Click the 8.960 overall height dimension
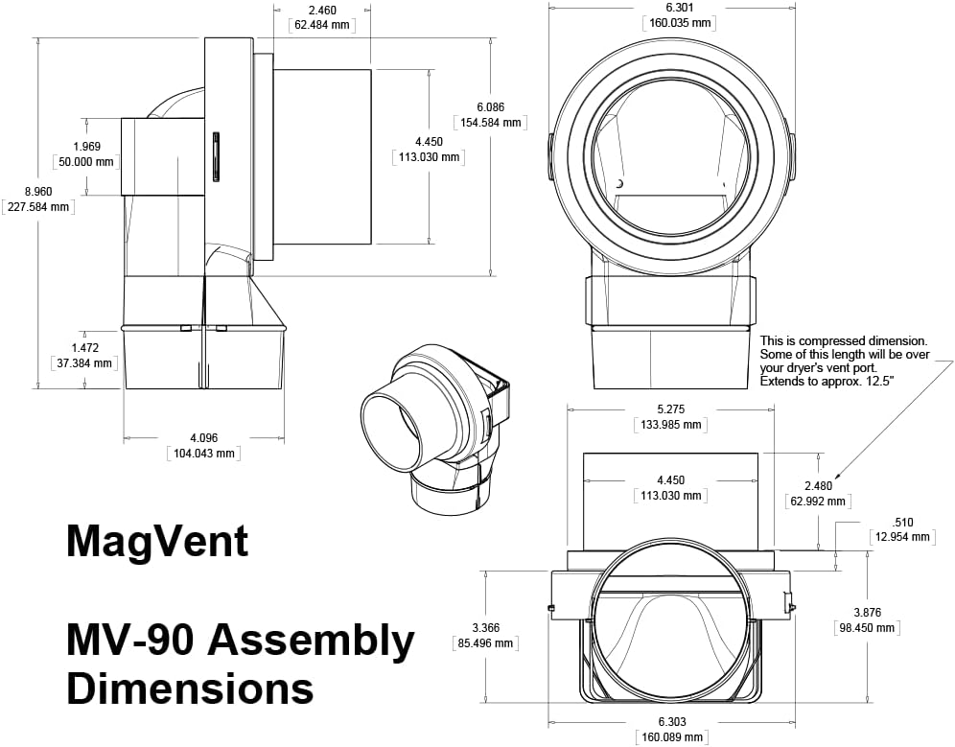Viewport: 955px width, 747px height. (x=37, y=190)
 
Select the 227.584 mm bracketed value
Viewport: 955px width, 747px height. (x=37, y=206)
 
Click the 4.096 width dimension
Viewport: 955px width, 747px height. (x=203, y=438)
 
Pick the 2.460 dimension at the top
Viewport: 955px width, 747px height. (x=320, y=10)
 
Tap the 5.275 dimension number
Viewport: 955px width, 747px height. (x=669, y=409)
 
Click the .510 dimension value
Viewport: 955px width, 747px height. (x=902, y=523)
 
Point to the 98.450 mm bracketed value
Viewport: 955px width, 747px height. (x=866, y=628)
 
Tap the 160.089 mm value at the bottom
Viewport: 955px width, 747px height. (x=670, y=737)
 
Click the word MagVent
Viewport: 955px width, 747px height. (x=157, y=543)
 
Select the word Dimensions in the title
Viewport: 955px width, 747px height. (x=190, y=689)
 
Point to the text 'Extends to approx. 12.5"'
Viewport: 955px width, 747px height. (x=826, y=382)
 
